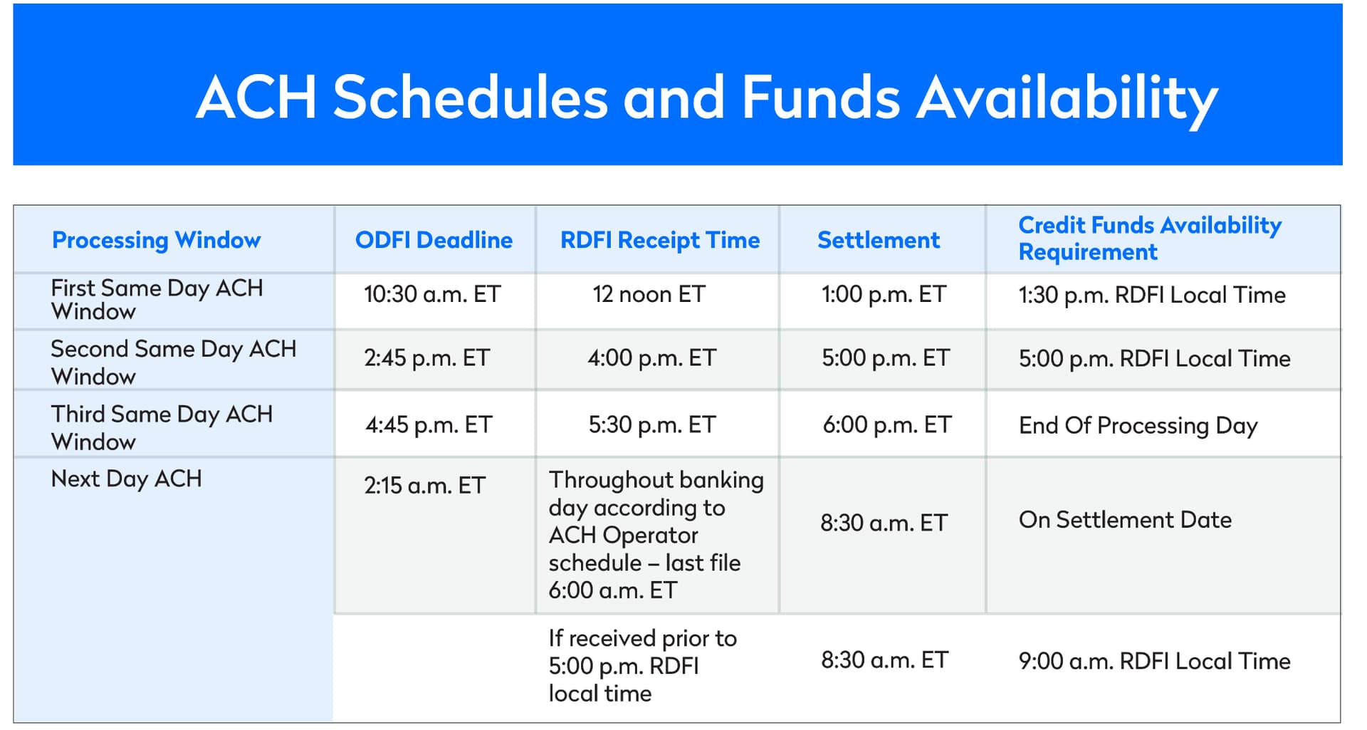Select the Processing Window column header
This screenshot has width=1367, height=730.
(x=157, y=241)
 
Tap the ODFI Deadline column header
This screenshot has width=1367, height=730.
(x=434, y=240)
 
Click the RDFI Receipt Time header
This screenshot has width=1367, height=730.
(x=660, y=241)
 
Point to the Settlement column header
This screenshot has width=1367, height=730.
(x=879, y=240)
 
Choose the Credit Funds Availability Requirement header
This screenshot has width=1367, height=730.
(x=1150, y=239)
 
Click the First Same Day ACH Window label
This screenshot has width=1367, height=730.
(x=157, y=299)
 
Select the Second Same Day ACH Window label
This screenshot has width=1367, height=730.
(x=174, y=362)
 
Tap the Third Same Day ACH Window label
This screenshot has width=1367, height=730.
(x=162, y=427)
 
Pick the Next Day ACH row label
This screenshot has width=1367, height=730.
(x=126, y=479)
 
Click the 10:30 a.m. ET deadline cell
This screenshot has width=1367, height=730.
(x=432, y=294)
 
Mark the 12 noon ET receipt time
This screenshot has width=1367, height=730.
(x=649, y=294)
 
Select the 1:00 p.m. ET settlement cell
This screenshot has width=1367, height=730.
(x=884, y=294)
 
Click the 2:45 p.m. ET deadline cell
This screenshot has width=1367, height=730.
(x=427, y=358)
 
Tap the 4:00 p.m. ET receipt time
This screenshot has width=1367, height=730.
(x=651, y=358)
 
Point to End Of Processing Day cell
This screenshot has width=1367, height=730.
(x=1138, y=426)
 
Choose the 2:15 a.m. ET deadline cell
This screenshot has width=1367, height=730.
(x=424, y=486)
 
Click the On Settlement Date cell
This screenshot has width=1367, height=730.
(x=1125, y=520)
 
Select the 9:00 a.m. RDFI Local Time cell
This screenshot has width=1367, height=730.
(x=1154, y=661)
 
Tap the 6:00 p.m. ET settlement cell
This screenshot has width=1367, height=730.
(x=887, y=425)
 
